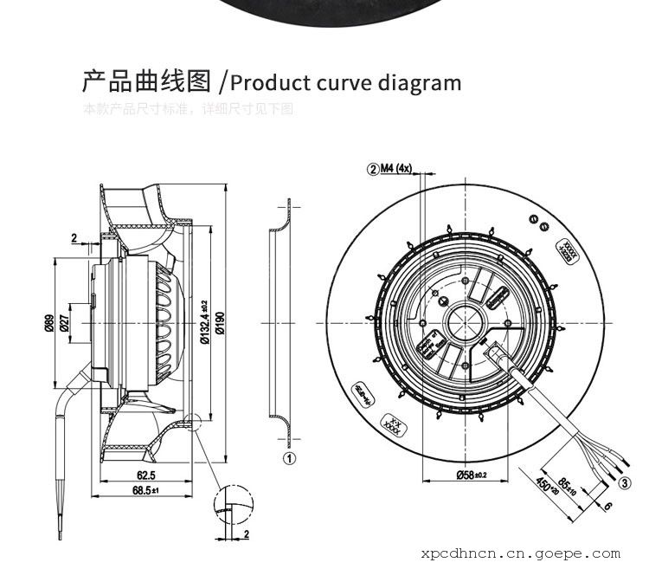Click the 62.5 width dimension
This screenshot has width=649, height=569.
(145, 475)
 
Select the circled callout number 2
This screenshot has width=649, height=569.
(375, 169)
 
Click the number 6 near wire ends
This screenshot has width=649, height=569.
(607, 507)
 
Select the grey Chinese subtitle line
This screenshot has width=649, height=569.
(188, 110)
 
